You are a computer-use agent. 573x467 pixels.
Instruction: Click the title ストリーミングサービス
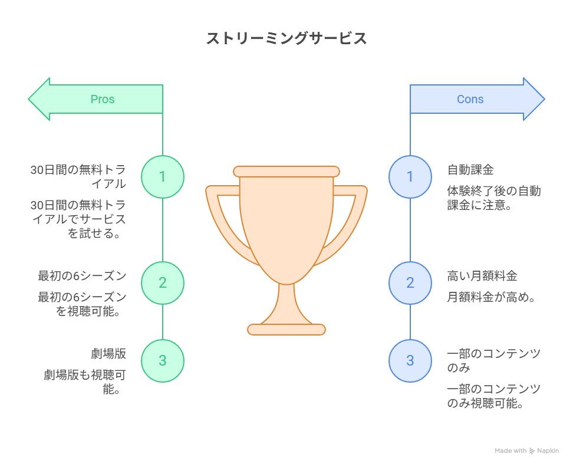(x=286, y=39)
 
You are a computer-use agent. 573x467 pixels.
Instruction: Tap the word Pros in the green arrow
(x=103, y=99)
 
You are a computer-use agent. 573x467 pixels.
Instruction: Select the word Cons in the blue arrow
(x=470, y=99)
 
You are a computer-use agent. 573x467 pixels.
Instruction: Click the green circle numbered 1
(x=163, y=176)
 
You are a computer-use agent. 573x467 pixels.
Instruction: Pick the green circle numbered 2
(x=163, y=282)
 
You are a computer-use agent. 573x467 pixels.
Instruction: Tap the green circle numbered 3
(x=163, y=361)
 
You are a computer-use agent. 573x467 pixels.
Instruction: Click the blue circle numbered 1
(x=410, y=176)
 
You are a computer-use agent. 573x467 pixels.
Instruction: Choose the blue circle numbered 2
(x=410, y=282)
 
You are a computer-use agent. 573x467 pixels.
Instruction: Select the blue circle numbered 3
(x=410, y=361)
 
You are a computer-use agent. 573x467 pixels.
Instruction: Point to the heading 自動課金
(x=470, y=170)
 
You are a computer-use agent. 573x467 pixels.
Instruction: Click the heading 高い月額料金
(x=482, y=276)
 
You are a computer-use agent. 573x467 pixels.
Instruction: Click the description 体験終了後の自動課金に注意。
(x=494, y=198)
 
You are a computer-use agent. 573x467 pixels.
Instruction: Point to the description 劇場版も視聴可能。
(x=85, y=382)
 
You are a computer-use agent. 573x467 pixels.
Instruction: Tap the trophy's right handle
(x=350, y=218)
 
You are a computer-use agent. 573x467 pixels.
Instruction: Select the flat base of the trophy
(x=286, y=330)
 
